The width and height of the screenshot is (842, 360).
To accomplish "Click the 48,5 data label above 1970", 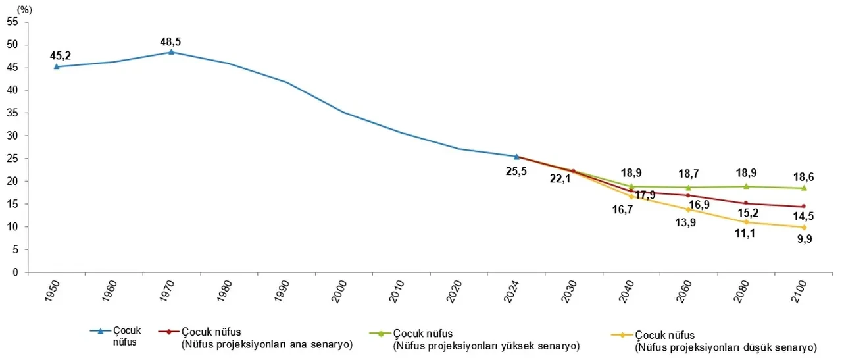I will (170, 42).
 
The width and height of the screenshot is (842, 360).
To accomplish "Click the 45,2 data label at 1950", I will (60, 55).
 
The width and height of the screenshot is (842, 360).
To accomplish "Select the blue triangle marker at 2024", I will (516, 157).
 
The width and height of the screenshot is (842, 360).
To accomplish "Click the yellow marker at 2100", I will (803, 228).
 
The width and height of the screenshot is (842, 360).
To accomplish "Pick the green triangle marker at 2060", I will (688, 187).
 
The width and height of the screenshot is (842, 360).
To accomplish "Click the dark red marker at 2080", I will (745, 203).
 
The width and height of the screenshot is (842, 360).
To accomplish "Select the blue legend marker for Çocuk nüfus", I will (101, 331).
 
